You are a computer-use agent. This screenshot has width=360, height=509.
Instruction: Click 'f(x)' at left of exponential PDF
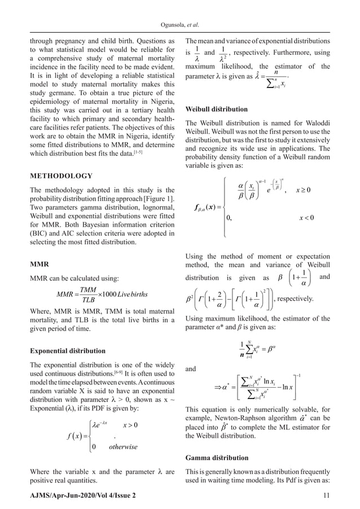pos(53,436)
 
